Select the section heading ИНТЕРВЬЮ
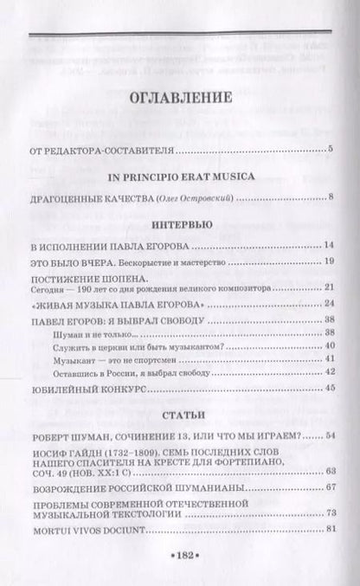click(179, 224)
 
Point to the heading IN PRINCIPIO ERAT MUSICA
click(179, 177)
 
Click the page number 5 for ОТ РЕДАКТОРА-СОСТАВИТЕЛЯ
click(331, 151)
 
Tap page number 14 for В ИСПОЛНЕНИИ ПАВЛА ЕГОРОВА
click(328, 246)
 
